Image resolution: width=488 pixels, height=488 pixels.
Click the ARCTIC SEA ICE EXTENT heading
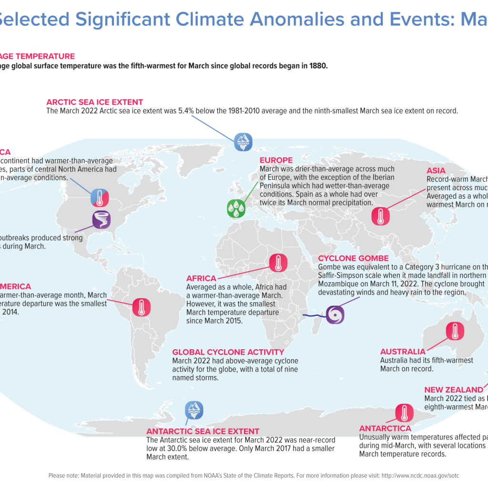point(94,102)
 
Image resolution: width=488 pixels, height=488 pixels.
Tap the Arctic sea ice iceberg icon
point(243,141)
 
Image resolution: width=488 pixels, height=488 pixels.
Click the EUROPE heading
point(276,160)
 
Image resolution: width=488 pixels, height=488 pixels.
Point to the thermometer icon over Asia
point(380,216)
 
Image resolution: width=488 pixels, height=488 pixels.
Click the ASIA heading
point(436,171)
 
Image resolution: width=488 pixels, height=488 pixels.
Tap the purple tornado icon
point(102,220)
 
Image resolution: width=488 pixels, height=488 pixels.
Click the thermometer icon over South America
point(141,307)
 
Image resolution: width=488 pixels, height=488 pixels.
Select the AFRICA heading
point(201,278)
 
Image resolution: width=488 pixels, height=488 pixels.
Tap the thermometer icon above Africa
point(278,263)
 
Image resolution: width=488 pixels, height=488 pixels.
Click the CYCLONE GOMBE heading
point(353,258)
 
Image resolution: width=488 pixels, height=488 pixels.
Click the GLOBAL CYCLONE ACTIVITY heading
point(228,352)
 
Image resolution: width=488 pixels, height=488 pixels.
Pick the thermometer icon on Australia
point(454,331)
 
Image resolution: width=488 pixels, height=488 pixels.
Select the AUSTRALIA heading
point(403,352)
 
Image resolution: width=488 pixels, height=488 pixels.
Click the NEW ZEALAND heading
point(453,390)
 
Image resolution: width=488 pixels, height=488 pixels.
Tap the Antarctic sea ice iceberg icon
point(194,410)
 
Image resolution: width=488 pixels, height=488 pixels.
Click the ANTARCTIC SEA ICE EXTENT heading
point(203,431)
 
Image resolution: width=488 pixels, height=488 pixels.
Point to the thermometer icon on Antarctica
point(405,413)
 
